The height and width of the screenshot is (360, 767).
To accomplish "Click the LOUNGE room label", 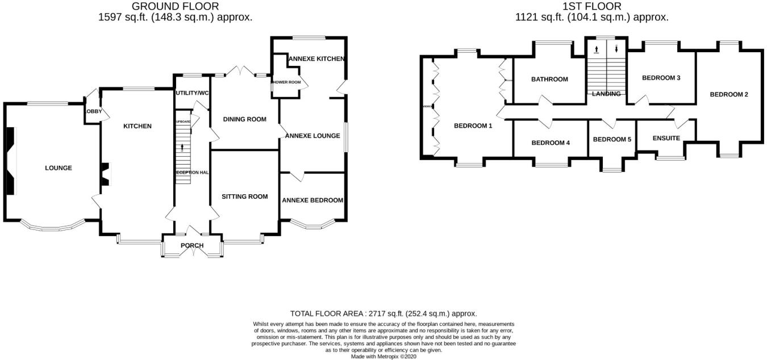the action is click(x=59, y=168).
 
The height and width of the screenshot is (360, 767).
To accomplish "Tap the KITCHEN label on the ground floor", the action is click(x=137, y=126).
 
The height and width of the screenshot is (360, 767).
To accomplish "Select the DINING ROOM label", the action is click(x=245, y=119).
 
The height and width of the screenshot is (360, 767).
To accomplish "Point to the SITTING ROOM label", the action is click(x=245, y=196).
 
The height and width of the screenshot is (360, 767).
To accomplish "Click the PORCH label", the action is click(x=192, y=245).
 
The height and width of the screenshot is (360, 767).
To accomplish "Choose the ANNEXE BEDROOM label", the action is click(x=312, y=200).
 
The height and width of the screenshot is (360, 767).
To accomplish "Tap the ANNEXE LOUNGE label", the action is click(x=312, y=136).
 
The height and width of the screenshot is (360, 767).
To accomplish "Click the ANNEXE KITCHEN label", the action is click(x=316, y=58).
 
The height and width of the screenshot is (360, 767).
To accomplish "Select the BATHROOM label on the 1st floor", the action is click(x=549, y=79).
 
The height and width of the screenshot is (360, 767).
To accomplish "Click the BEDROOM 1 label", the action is click(x=473, y=126).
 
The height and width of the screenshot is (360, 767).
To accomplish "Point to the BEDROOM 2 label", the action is click(x=729, y=94).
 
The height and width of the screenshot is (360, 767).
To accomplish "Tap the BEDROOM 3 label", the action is click(x=661, y=78).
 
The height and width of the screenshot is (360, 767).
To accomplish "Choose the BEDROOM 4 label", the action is click(x=551, y=143).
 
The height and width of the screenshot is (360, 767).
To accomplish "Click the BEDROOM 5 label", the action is click(x=612, y=139).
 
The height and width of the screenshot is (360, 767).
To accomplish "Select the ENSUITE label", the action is click(x=666, y=138).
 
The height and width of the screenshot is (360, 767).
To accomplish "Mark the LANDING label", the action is click(x=606, y=94).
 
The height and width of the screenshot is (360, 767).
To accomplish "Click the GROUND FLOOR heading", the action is click(x=175, y=6).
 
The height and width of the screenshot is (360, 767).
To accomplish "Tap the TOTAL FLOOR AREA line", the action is click(x=383, y=313).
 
